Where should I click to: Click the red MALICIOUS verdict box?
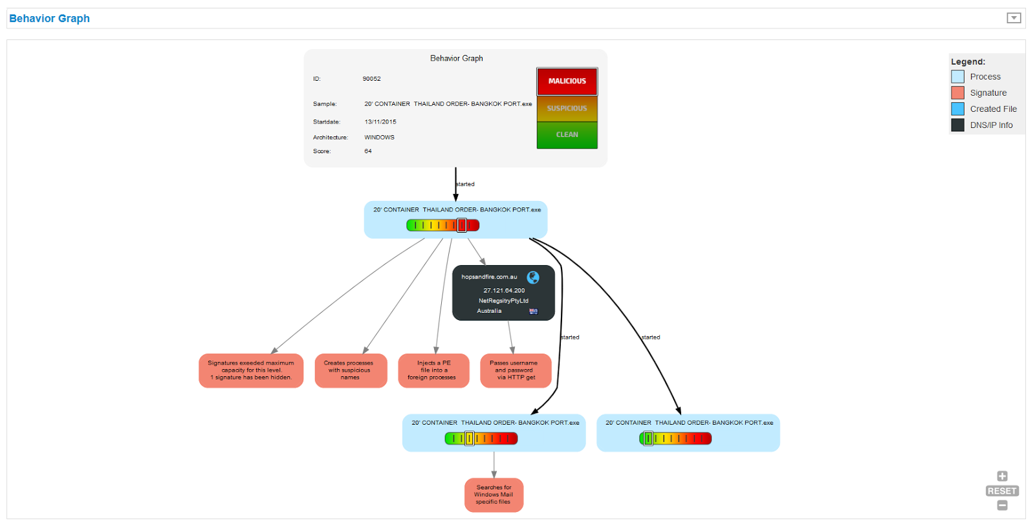pos(567,81)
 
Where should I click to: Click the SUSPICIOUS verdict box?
pos(567,109)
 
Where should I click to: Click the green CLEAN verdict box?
pos(567,135)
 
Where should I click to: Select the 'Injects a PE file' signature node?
pos(433,370)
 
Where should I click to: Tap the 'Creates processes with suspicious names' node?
pos(351,370)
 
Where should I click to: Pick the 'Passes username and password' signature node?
pos(516,370)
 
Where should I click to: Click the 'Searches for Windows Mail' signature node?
pos(494,495)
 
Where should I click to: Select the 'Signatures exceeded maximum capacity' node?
pos(251,370)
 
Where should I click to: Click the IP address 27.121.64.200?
pos(504,291)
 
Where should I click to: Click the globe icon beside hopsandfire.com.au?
pos(533,277)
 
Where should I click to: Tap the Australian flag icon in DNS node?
pos(533,312)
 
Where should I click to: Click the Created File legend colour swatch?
pos(958,109)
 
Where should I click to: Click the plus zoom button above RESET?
pos(1002,476)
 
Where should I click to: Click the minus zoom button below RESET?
pos(1002,505)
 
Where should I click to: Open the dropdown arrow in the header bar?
pos(1014,18)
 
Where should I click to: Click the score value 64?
pos(368,151)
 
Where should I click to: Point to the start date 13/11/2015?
pos(380,122)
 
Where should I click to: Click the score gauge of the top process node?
pos(442,225)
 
